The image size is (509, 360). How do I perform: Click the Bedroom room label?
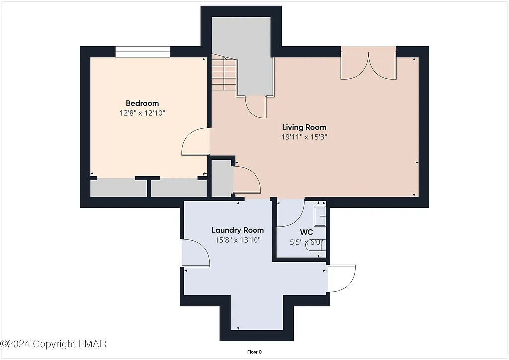142,103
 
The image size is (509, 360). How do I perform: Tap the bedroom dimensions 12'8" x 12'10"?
142,113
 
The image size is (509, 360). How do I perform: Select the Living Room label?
304,127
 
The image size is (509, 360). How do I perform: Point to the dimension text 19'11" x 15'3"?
304,137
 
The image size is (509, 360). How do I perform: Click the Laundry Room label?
238,230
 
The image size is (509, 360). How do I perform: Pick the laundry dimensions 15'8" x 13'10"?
238,240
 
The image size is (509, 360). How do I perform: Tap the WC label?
306,232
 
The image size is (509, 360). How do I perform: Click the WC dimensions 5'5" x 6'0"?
307,243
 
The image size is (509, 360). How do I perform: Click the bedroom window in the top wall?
143,52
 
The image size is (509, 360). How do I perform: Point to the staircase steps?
224,74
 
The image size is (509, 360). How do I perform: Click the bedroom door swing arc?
195,141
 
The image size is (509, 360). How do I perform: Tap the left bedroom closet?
118,188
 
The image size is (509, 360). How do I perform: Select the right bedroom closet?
179,188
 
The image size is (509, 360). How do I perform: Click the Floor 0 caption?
254,352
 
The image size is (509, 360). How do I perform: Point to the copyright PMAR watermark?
54,344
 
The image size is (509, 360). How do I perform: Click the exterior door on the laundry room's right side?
343,278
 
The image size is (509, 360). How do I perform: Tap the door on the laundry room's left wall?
195,253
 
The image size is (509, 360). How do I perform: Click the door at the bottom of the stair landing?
256,106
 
